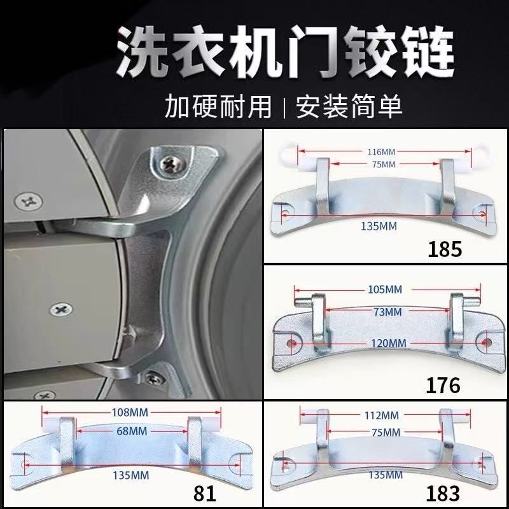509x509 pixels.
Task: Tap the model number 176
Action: point(443,385)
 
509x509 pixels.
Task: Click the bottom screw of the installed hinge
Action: point(153,379)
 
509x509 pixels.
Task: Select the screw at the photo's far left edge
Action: point(28,201)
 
